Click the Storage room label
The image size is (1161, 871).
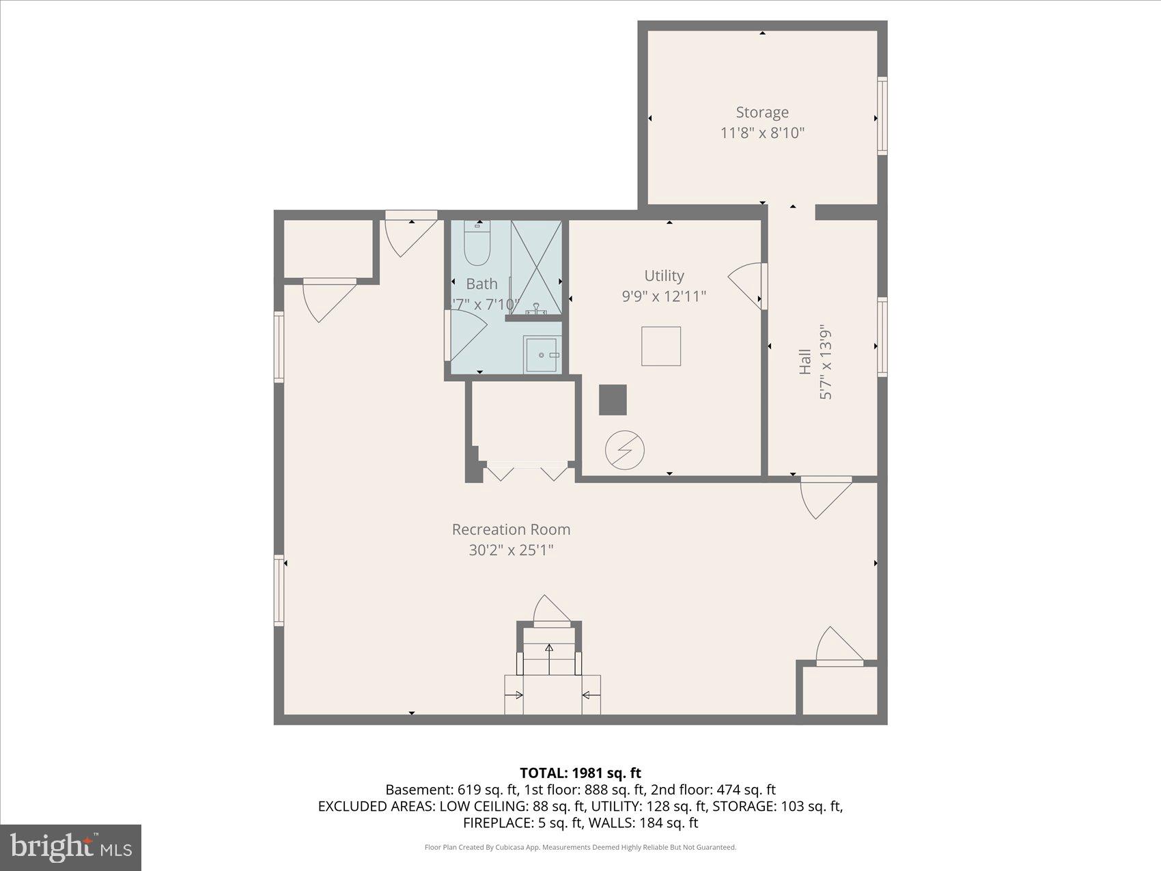761,112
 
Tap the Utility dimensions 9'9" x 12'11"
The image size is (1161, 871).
663,296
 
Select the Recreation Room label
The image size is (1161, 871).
511,529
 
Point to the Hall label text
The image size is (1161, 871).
805,361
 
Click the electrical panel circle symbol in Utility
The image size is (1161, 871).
624,450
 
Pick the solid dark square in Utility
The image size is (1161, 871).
613,400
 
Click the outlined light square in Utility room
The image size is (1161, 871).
660,346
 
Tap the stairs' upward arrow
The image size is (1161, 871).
548,659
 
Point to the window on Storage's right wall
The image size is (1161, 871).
882,115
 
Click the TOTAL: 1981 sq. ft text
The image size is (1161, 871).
580,773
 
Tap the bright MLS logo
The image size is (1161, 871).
71,847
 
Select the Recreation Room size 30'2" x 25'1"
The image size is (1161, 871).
511,550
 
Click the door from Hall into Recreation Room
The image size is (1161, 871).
826,497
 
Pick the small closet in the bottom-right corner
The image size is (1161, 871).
839,690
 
